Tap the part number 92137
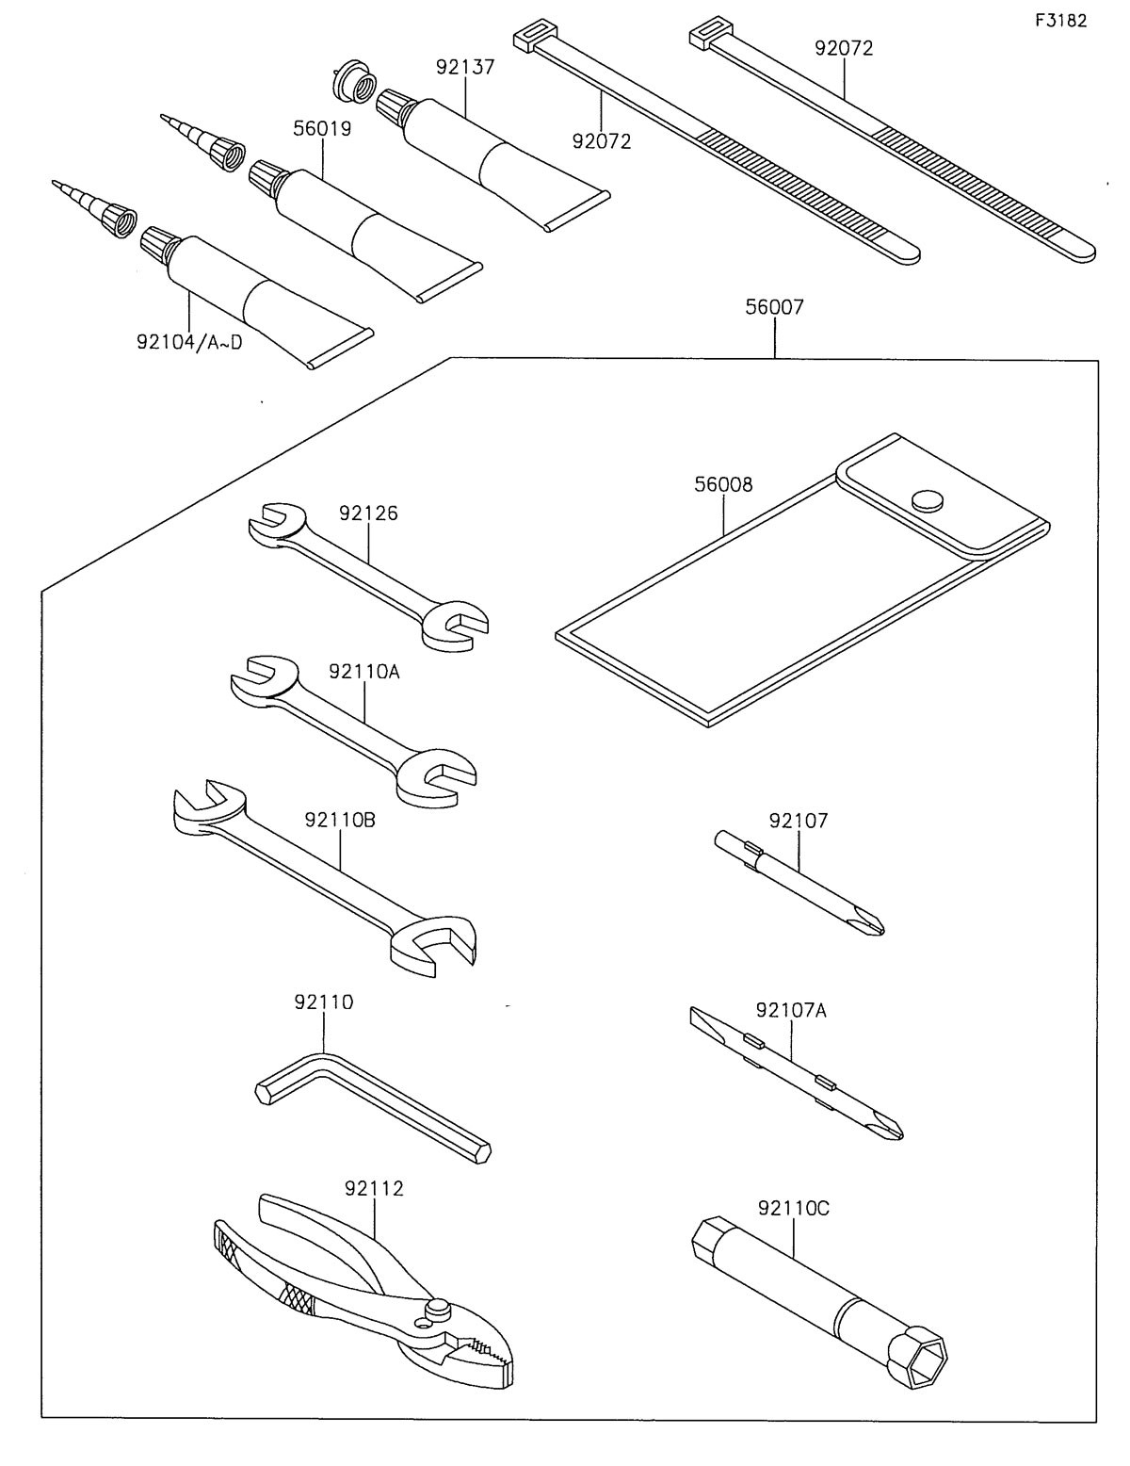click(x=466, y=67)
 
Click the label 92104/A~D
click(x=188, y=341)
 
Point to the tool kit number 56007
click(x=774, y=307)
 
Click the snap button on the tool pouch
click(x=928, y=498)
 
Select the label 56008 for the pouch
click(x=723, y=485)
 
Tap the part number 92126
click(x=368, y=513)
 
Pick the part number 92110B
click(x=340, y=820)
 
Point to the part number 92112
click(x=374, y=1189)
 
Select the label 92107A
click(x=791, y=1011)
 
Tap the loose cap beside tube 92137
click(x=353, y=83)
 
